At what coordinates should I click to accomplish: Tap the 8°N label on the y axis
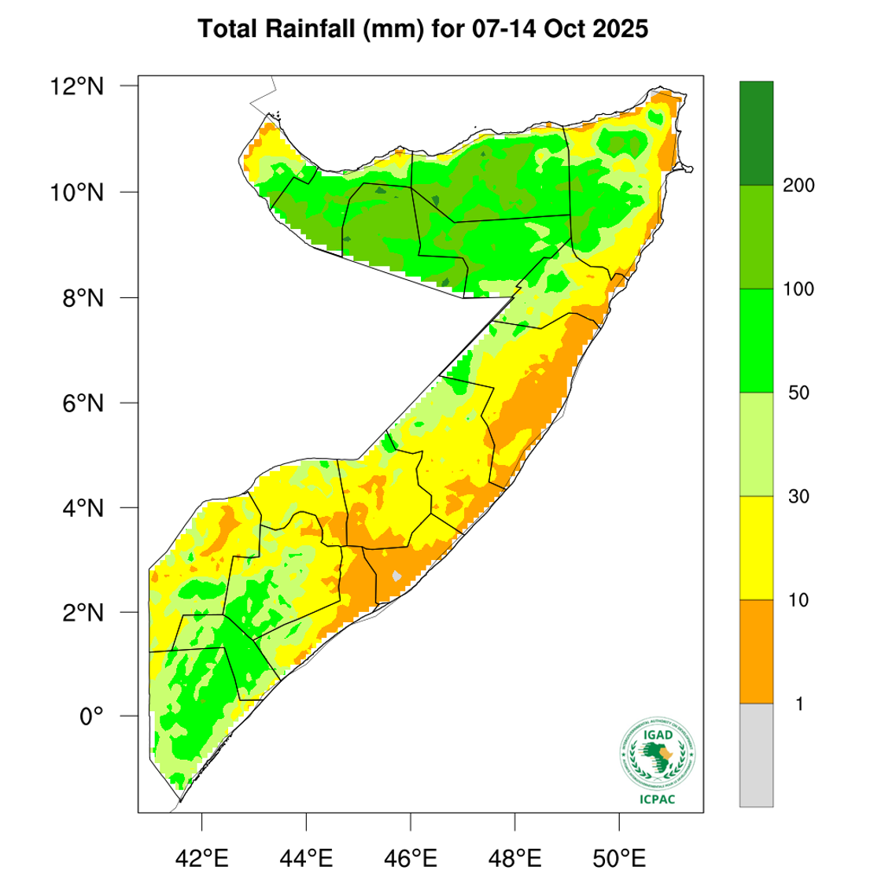(83, 298)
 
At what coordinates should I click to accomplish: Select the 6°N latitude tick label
(83, 403)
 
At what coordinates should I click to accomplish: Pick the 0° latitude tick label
(91, 717)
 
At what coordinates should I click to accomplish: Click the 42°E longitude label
(202, 857)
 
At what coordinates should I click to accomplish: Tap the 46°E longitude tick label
(411, 857)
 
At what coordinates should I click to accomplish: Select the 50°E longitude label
(619, 857)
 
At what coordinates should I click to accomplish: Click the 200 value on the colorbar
(799, 186)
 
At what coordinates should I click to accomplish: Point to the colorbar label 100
(799, 289)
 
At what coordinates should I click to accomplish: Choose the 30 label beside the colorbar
(798, 496)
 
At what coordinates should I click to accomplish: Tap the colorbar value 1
(799, 704)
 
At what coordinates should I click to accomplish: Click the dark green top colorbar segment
(756, 133)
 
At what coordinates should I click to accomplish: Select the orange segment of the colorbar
(756, 651)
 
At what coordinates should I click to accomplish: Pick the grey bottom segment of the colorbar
(756, 754)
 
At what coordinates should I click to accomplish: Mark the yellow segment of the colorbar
(756, 548)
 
